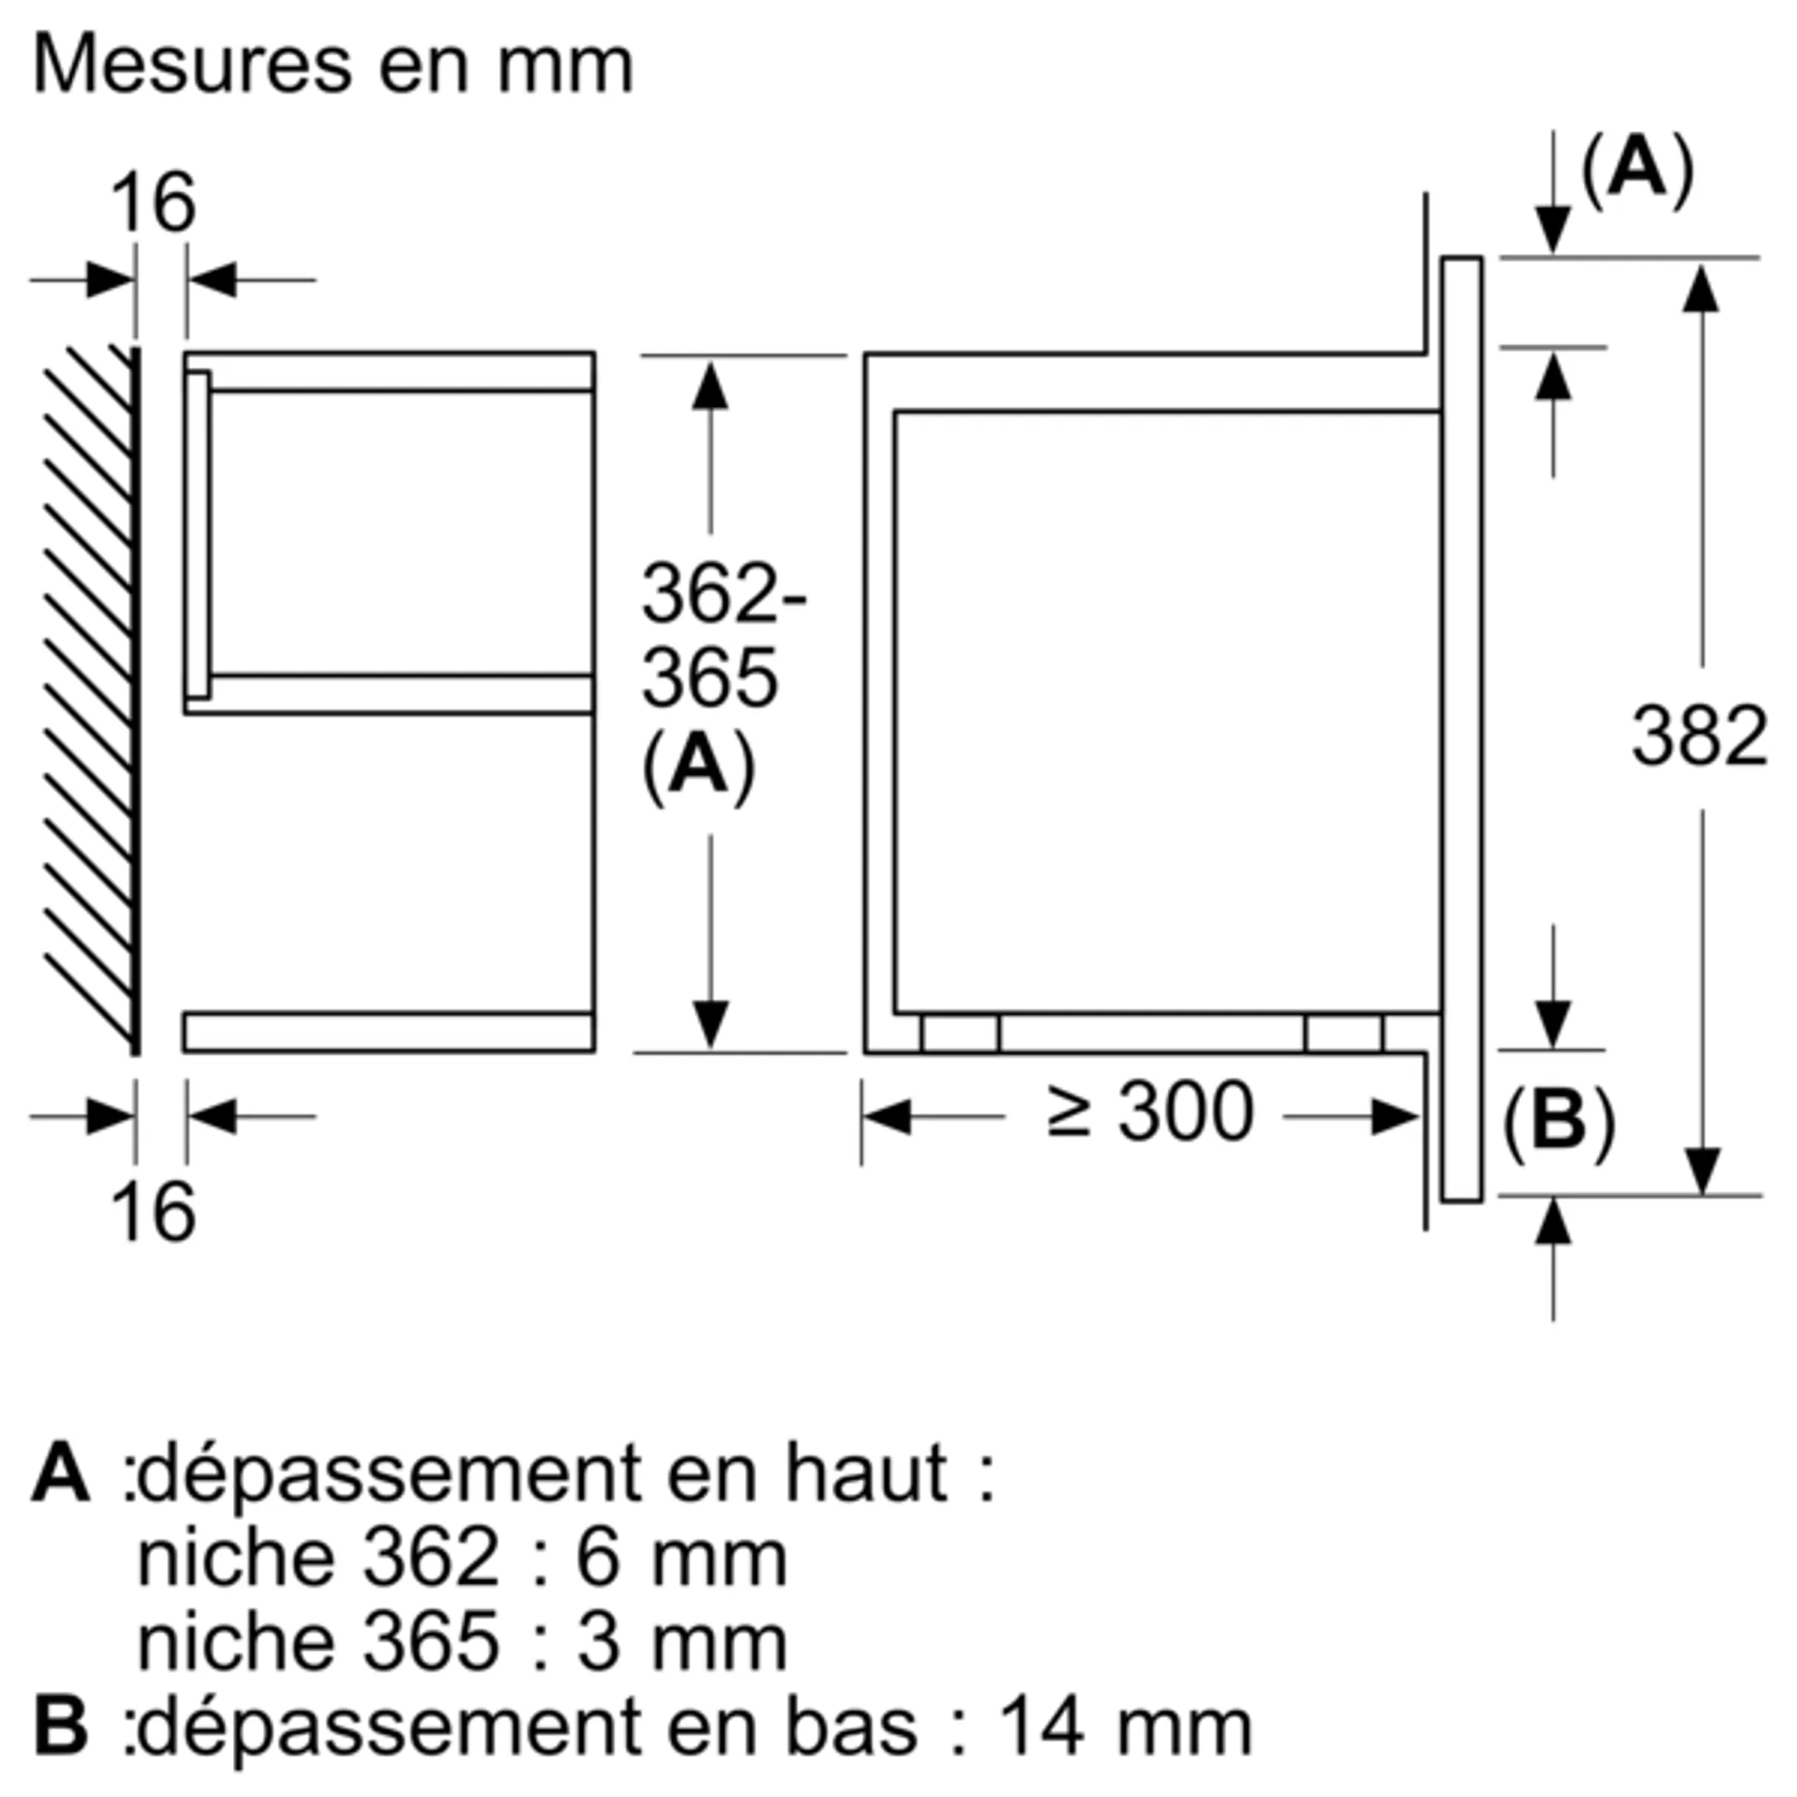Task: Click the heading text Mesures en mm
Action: point(332,67)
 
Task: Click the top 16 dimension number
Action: point(153,205)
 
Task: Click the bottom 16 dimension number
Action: point(153,1212)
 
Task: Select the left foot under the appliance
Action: point(961,1033)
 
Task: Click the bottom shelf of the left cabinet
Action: point(389,1032)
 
